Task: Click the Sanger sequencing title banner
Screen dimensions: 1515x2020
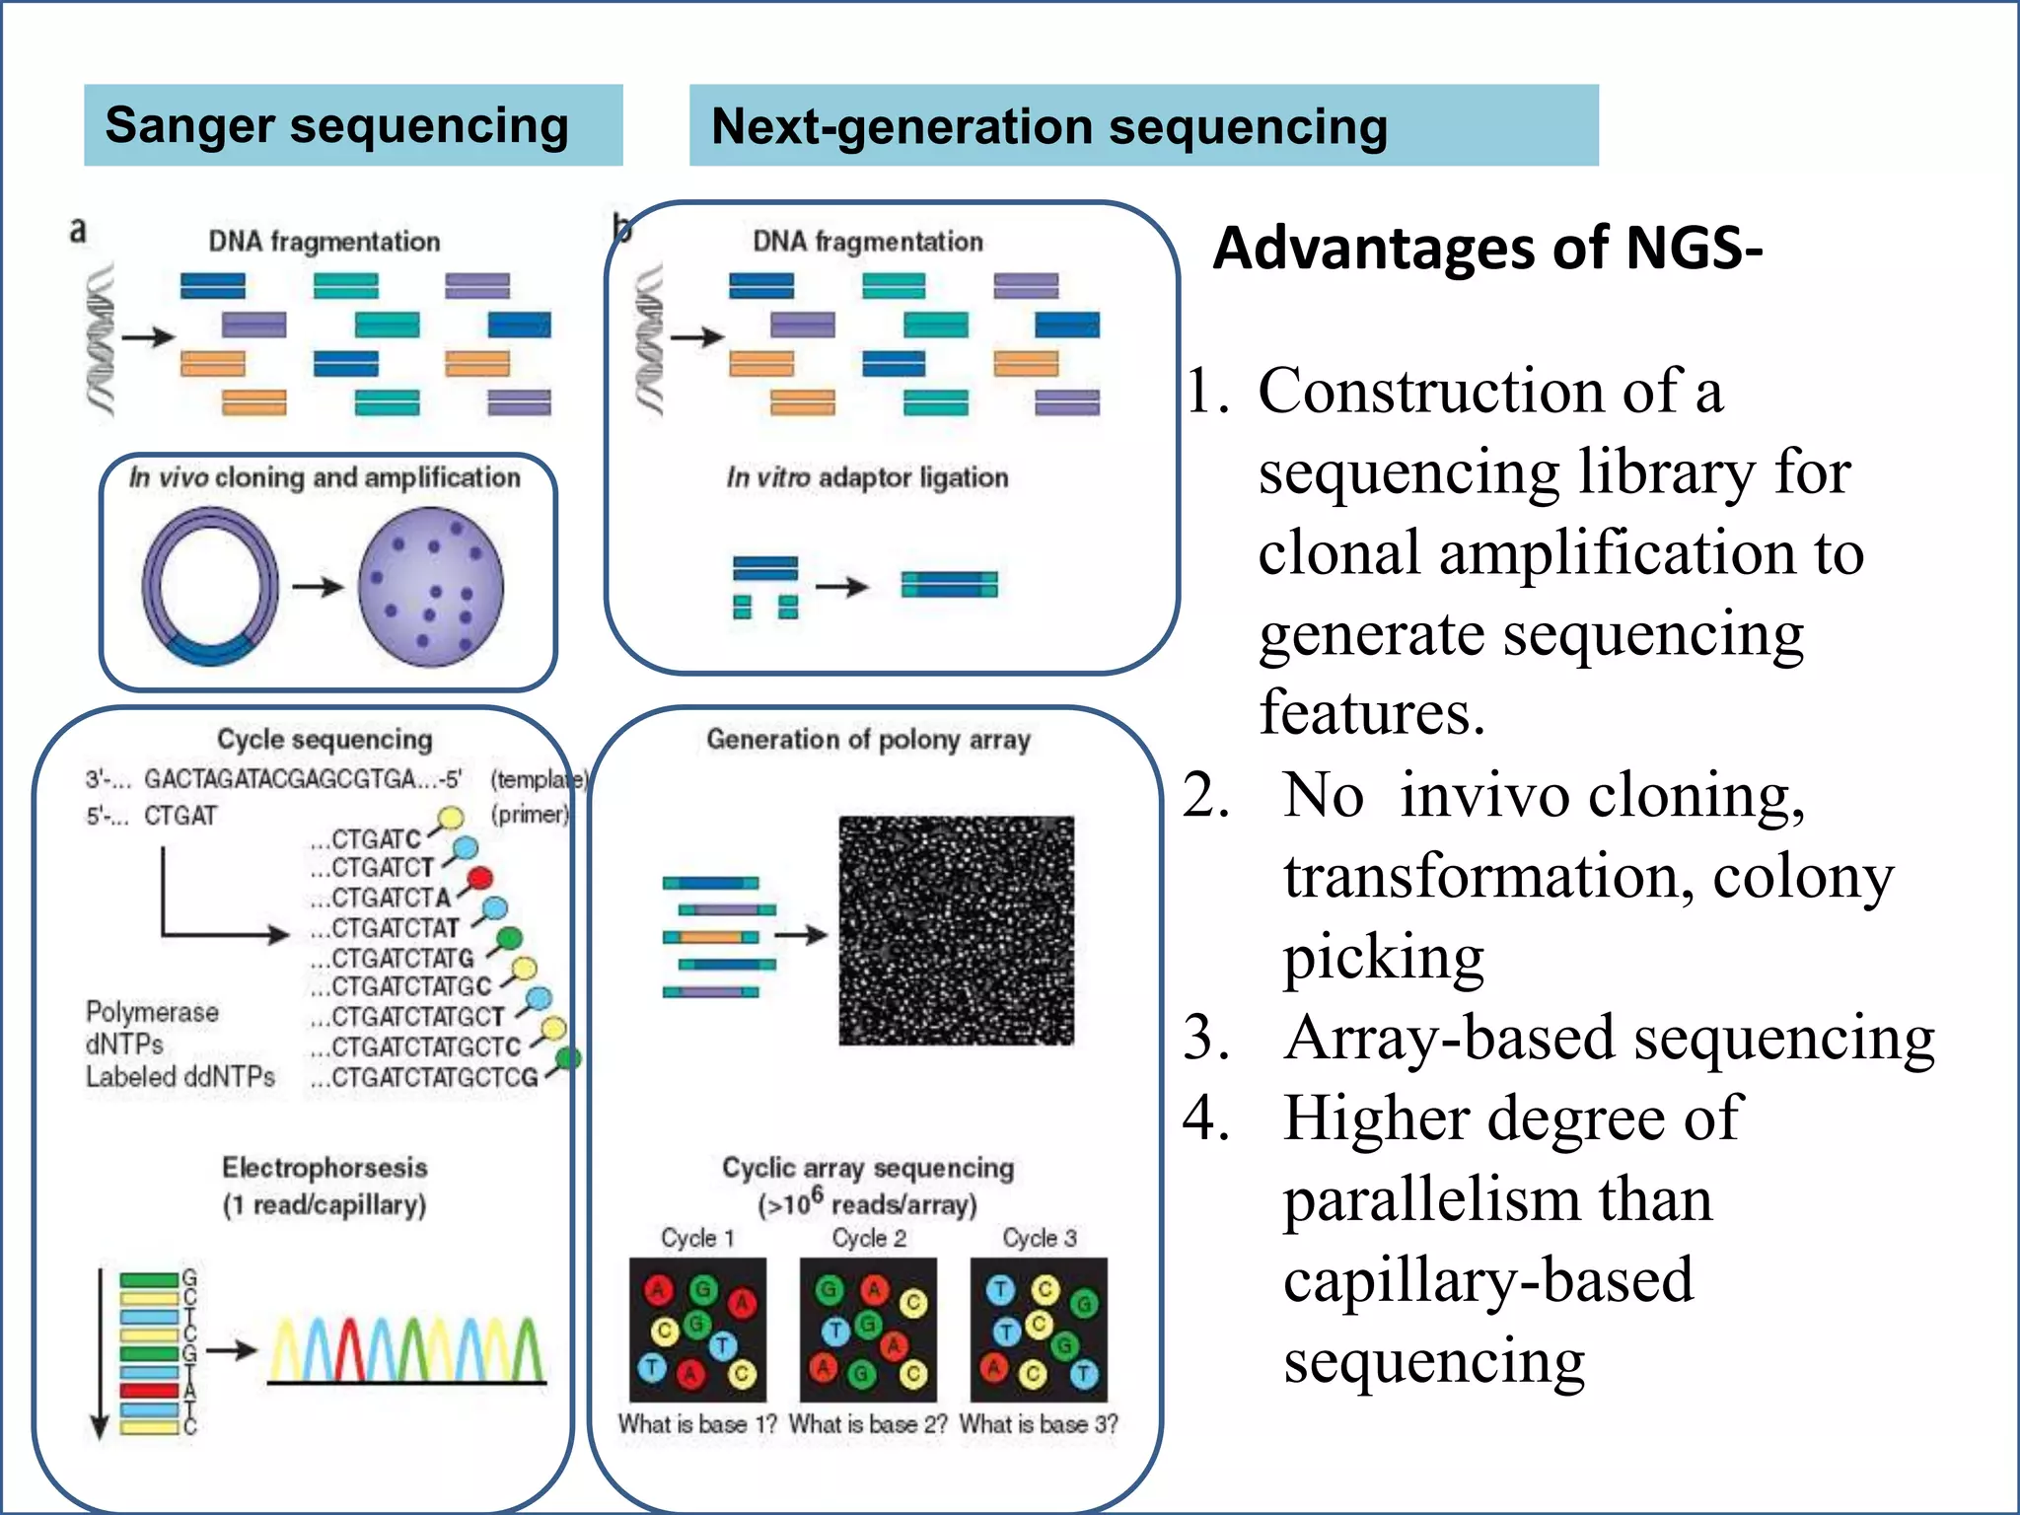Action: (352, 125)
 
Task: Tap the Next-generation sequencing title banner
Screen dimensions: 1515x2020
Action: (1142, 125)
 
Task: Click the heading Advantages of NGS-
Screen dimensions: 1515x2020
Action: (1486, 248)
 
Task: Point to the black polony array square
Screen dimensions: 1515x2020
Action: (956, 930)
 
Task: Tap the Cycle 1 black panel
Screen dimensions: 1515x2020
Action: (697, 1329)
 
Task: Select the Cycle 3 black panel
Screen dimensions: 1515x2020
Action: (1039, 1329)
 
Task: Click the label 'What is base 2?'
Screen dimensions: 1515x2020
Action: (868, 1424)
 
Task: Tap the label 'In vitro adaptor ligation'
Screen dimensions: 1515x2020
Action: (867, 478)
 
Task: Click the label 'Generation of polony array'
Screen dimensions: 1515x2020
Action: (868, 739)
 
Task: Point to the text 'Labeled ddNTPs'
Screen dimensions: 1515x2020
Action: (180, 1077)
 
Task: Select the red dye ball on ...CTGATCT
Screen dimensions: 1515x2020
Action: (479, 877)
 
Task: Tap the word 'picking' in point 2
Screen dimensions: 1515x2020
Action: (1383, 957)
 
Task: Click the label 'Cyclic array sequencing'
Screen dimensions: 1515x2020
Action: (868, 1168)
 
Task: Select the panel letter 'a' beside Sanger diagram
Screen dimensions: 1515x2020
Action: (78, 231)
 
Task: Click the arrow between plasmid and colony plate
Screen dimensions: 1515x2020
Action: (318, 587)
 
